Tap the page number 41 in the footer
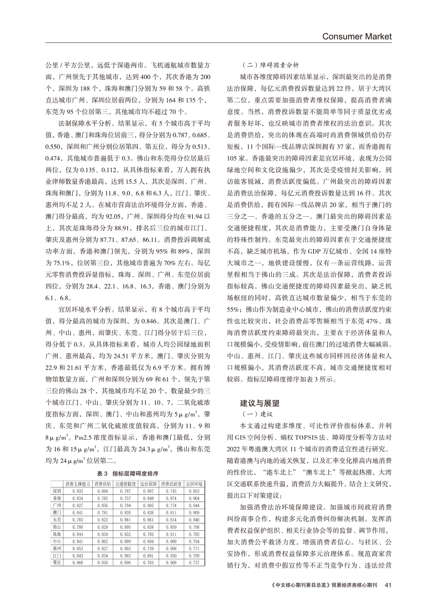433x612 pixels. coord(387,585)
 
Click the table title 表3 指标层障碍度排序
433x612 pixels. coord(127,473)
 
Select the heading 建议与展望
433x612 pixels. coord(260,404)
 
